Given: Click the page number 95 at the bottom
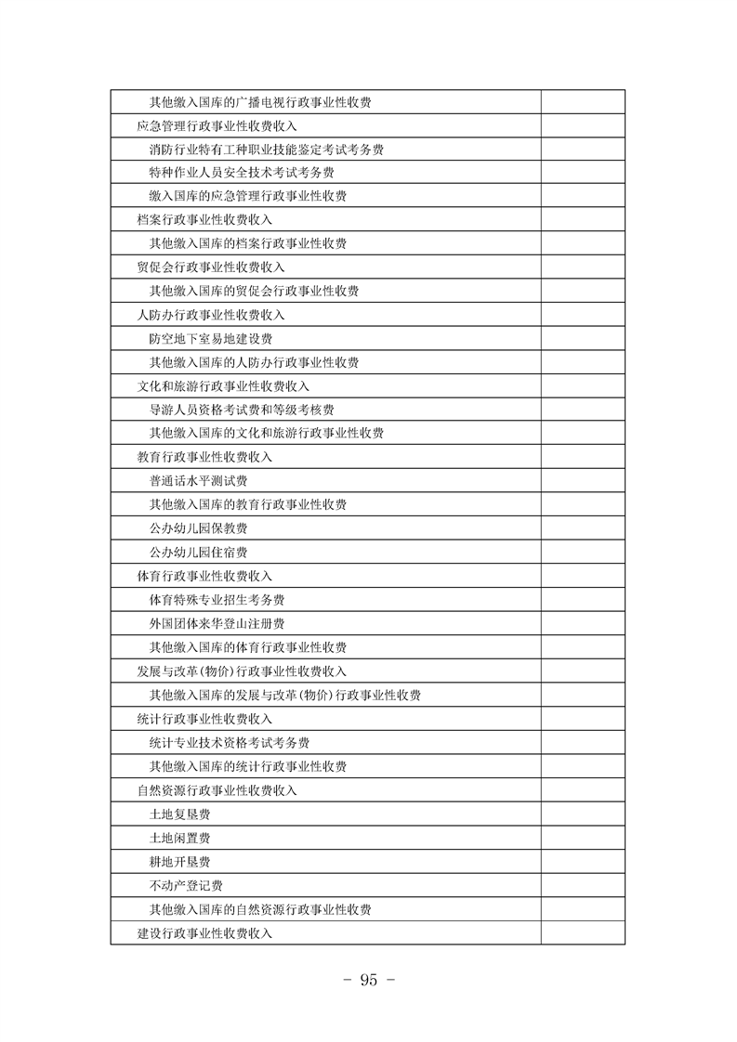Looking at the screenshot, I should [x=368, y=981].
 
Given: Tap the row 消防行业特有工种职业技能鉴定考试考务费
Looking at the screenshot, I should [x=267, y=149].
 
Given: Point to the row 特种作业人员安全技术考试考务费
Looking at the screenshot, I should [x=242, y=173].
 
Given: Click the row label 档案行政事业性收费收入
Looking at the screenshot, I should [x=204, y=220].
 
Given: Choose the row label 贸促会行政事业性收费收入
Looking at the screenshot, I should [x=210, y=267].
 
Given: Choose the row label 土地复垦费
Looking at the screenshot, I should [x=179, y=814].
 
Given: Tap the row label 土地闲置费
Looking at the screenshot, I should [x=179, y=838].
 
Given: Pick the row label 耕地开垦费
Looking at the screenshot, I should [x=179, y=861].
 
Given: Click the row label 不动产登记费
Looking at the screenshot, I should [x=186, y=885].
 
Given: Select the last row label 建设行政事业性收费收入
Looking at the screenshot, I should [x=204, y=932].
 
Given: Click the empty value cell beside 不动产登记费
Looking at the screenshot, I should [x=583, y=885].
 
